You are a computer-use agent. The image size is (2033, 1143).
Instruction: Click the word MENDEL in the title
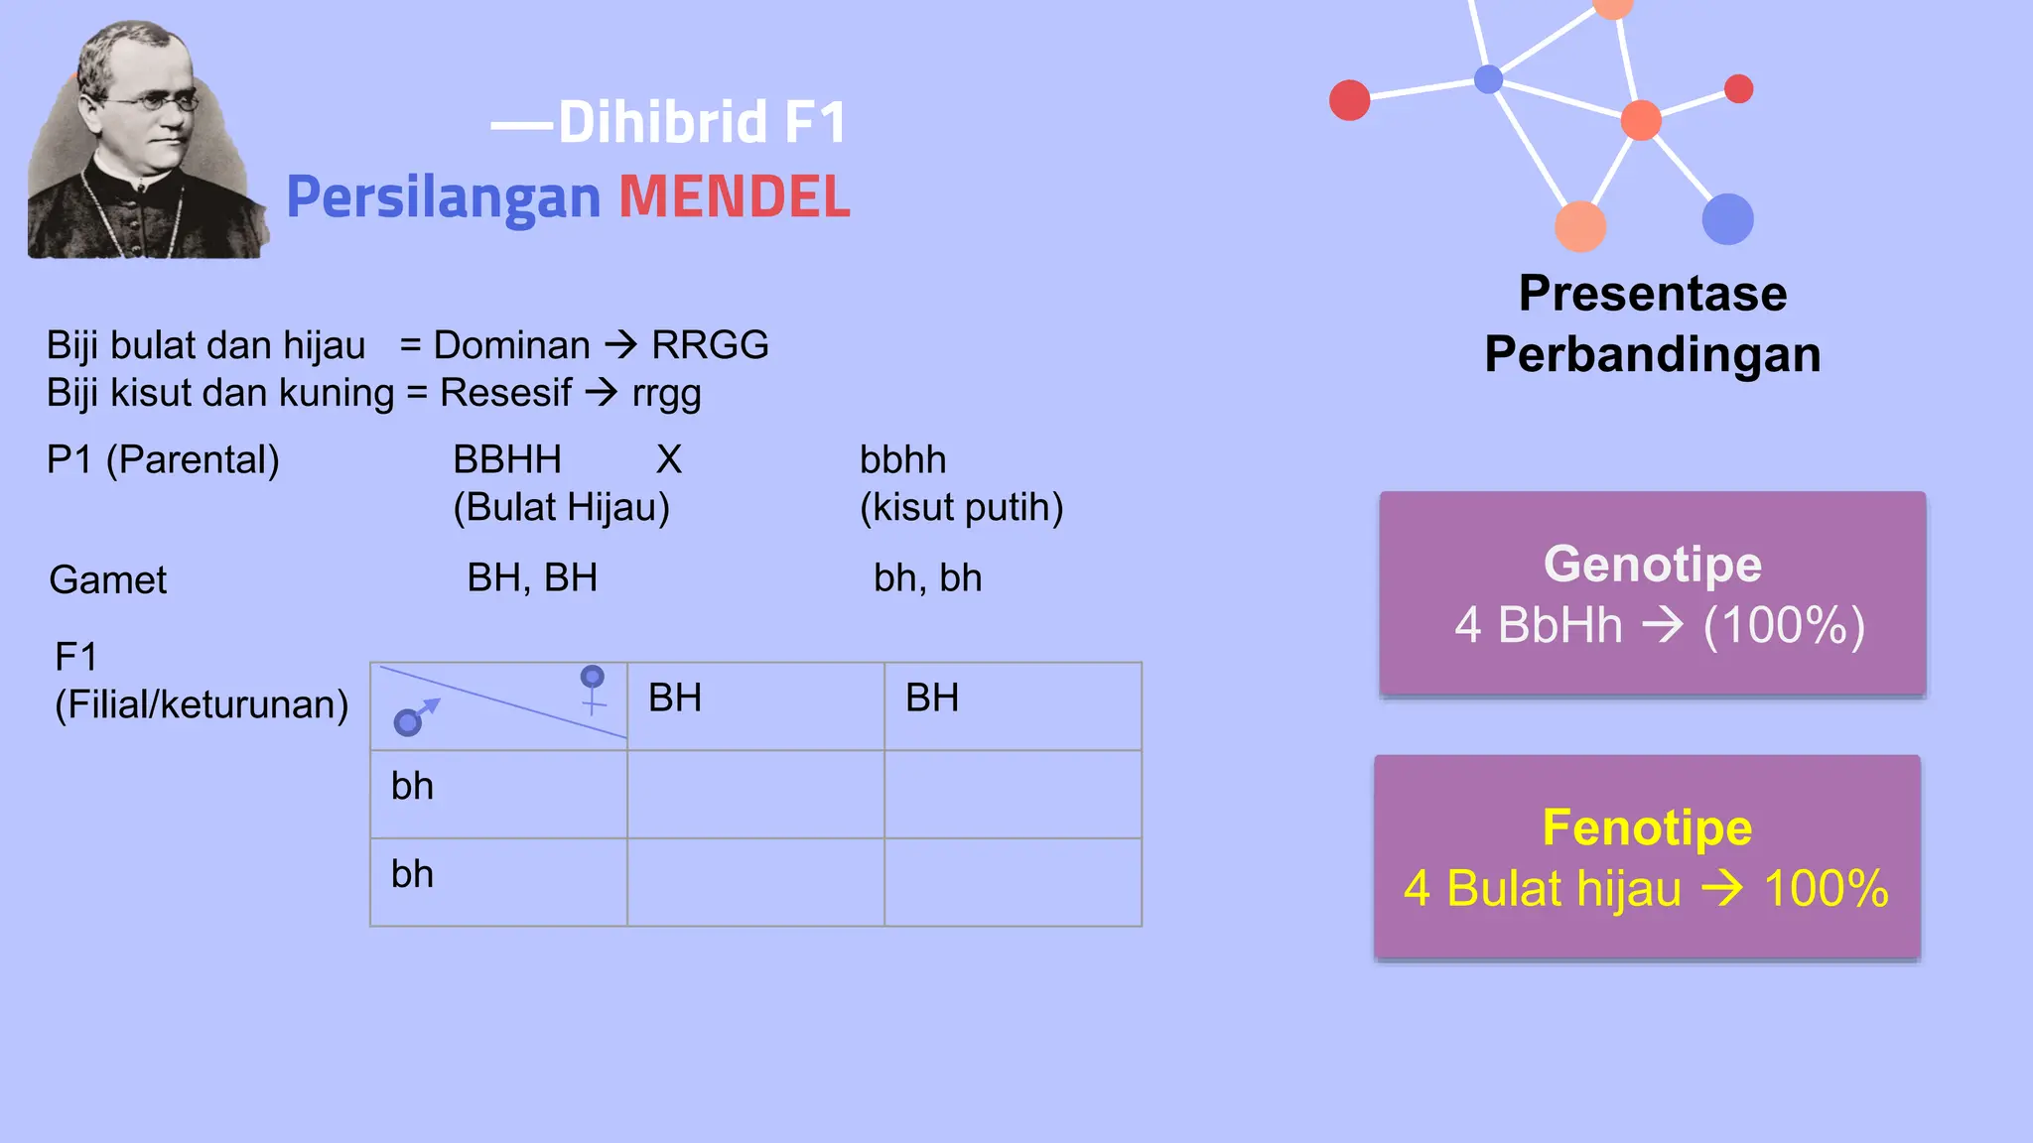point(735,196)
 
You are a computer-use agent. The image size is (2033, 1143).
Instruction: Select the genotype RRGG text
point(710,345)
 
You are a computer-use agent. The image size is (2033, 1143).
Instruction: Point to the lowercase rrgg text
point(666,394)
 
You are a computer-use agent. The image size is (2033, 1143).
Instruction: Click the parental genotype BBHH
point(507,460)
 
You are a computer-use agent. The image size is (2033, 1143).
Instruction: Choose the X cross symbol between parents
point(669,460)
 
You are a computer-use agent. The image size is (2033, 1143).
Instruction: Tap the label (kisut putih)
point(961,508)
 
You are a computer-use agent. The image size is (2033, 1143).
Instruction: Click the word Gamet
point(108,579)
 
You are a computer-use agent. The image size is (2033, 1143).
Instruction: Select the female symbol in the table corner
point(593,689)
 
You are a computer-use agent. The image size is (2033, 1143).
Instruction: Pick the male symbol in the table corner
point(414,717)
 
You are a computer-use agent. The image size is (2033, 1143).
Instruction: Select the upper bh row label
point(412,787)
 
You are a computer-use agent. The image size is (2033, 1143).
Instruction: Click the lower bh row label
point(412,874)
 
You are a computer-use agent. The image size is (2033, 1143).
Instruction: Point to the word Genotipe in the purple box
point(1652,565)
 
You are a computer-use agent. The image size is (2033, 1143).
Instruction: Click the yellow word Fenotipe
point(1647,828)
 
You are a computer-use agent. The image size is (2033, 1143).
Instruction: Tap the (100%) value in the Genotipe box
point(1784,626)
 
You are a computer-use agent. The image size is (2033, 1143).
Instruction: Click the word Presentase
point(1653,294)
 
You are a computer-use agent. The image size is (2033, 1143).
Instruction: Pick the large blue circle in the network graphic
point(1727,219)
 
